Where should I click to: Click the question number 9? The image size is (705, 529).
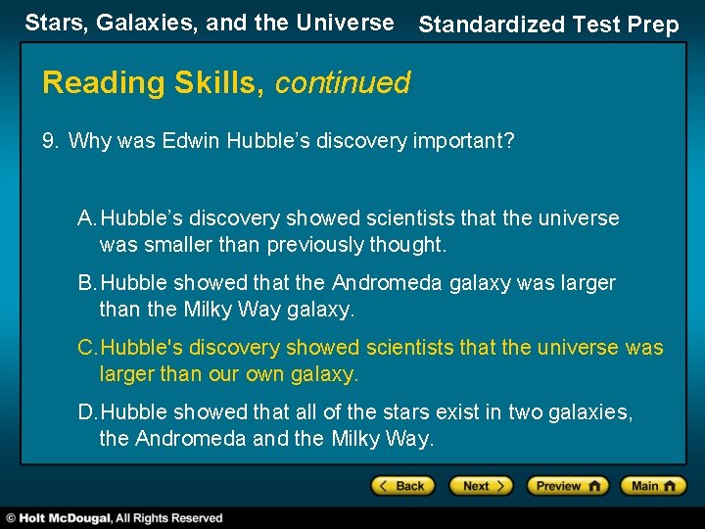point(50,141)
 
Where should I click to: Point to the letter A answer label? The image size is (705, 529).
point(86,217)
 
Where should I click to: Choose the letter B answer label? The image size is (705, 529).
point(86,283)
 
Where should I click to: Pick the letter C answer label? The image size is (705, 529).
point(87,348)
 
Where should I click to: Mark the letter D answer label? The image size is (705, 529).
point(87,412)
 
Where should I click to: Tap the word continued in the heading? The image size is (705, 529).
point(343,83)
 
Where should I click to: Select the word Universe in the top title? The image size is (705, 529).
point(345,23)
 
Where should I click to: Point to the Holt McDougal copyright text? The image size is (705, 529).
point(116,517)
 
